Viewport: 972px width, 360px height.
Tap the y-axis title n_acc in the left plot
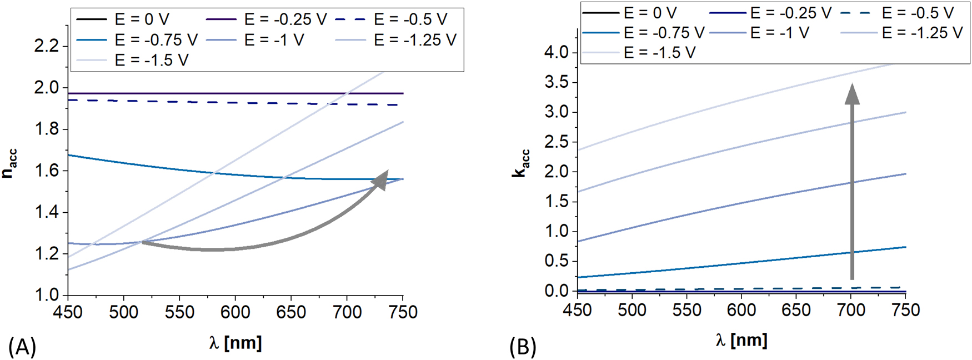click(x=10, y=163)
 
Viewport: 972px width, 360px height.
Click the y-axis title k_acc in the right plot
click(x=521, y=163)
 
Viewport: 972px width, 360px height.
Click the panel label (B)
click(x=523, y=347)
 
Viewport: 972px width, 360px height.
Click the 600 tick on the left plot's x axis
click(x=235, y=312)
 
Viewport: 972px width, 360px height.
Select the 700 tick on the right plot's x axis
click(x=851, y=309)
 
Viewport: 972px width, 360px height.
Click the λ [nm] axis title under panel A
click(x=236, y=342)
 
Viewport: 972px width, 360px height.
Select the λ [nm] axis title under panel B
click(x=741, y=339)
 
